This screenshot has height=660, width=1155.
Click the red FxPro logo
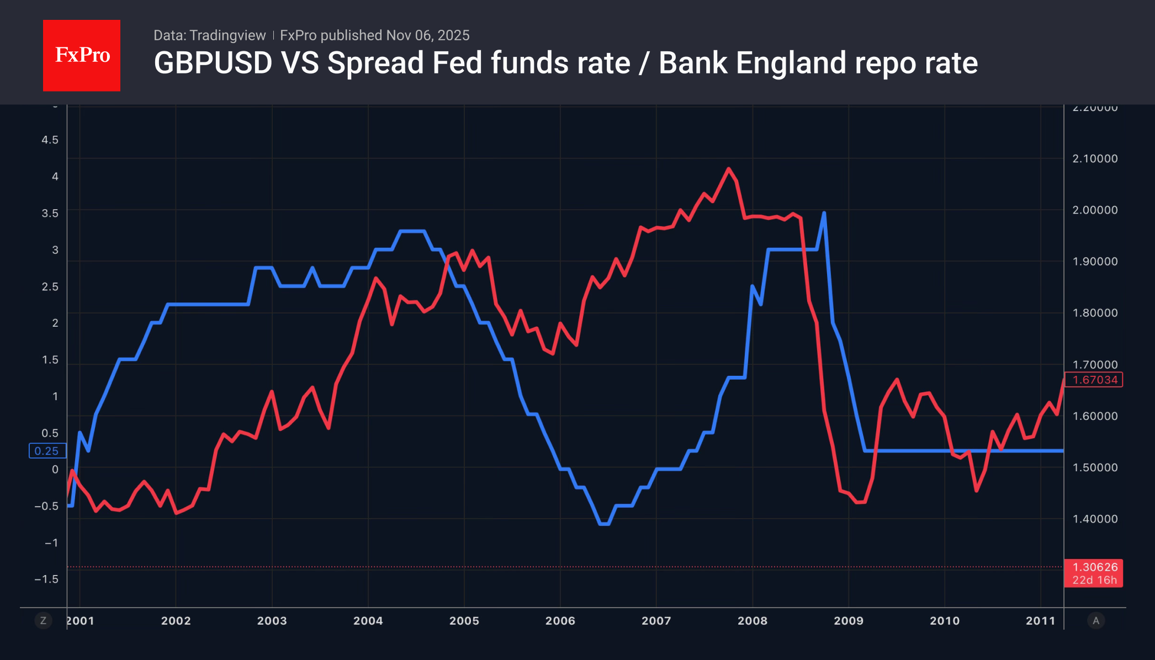click(82, 55)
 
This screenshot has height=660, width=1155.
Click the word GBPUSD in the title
click(213, 63)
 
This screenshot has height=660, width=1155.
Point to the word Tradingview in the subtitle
click(227, 35)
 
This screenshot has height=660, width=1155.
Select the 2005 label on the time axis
click(464, 621)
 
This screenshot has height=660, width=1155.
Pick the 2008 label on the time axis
click(752, 621)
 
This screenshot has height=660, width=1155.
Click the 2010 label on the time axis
click(944, 621)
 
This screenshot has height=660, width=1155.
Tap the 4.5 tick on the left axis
click(50, 140)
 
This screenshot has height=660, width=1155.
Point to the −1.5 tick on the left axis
click(46, 579)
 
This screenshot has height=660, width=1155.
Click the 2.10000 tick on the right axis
click(1095, 159)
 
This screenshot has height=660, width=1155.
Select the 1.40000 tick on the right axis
click(1095, 519)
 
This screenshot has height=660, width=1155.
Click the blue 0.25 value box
click(47, 451)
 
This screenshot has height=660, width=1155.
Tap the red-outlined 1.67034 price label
click(1094, 380)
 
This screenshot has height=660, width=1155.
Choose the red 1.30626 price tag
click(1094, 573)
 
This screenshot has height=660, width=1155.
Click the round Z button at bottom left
click(43, 621)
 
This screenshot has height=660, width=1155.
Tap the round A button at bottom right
click(1096, 621)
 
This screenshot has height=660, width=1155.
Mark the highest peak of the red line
click(729, 169)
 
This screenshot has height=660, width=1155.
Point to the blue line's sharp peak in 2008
click(824, 213)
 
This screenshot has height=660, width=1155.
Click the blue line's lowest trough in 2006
click(604, 524)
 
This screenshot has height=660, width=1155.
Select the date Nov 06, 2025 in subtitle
click(428, 35)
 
